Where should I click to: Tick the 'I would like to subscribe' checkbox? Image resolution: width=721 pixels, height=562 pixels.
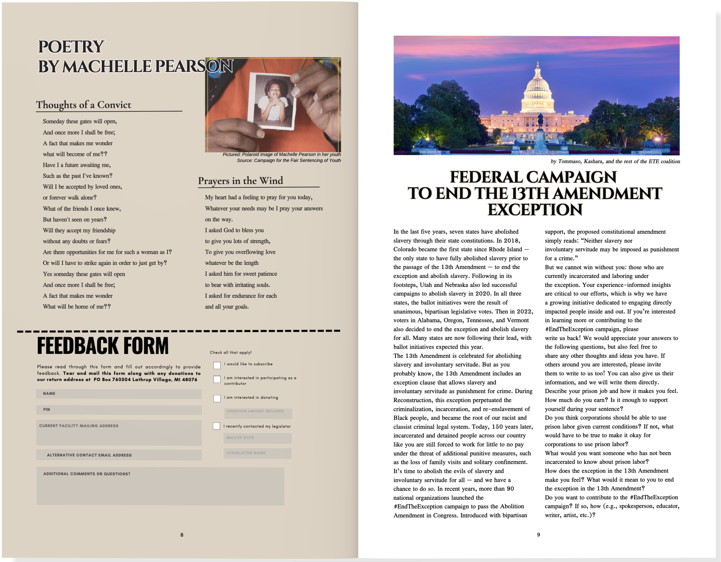coord(217,365)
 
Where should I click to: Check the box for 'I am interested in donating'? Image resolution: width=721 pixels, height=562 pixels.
coord(217,398)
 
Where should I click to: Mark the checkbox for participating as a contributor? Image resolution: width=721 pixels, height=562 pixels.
coord(217,379)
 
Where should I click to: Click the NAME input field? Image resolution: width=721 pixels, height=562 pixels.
coord(119,394)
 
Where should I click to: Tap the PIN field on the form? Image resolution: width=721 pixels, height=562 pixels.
coord(119,410)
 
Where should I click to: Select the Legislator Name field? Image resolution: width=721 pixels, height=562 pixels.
coord(258,453)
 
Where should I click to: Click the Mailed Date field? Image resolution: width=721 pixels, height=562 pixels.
coord(258,438)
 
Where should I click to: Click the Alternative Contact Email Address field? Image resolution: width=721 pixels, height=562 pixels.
coord(119,455)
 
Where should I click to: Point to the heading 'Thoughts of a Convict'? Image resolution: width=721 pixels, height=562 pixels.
coord(84,105)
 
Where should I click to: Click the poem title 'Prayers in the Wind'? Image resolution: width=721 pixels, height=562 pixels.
coord(241,181)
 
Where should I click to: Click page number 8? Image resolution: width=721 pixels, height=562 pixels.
coord(182,535)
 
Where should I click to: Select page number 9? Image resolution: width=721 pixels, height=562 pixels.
coord(539,534)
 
